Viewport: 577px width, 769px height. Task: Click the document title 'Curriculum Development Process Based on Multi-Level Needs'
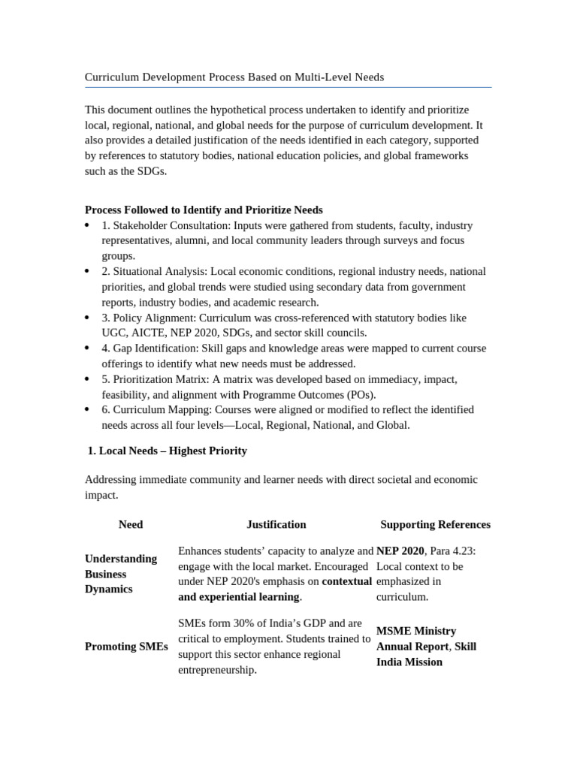click(x=234, y=77)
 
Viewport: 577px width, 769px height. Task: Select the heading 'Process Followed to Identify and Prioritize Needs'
click(x=204, y=210)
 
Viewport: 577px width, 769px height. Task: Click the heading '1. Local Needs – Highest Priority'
click(x=168, y=451)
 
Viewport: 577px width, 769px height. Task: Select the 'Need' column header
click(x=131, y=524)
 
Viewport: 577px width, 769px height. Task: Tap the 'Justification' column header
click(x=276, y=524)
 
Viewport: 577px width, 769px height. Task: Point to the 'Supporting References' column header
click(x=435, y=524)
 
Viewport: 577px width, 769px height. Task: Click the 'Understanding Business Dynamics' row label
click(x=121, y=574)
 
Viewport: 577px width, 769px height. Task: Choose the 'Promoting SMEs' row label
click(x=126, y=646)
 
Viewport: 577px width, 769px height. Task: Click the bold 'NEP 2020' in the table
click(x=400, y=550)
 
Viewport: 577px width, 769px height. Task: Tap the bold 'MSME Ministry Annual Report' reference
click(x=415, y=638)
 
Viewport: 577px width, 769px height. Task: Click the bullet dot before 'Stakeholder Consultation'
click(x=88, y=225)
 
